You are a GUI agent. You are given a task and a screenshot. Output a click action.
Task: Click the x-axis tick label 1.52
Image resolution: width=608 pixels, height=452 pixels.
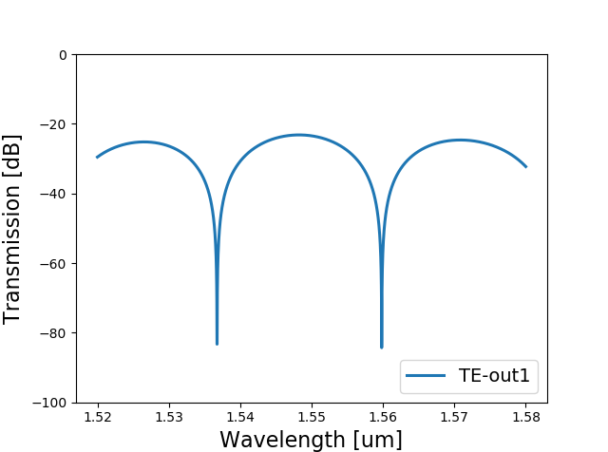(x=97, y=417)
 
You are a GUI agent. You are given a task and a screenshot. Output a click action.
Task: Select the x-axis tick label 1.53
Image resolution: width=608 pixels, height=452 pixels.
(x=168, y=417)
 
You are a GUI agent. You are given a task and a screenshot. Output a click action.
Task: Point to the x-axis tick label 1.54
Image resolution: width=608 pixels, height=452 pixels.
(x=240, y=417)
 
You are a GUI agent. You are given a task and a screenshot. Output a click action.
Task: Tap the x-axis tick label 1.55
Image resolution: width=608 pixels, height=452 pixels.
(x=312, y=417)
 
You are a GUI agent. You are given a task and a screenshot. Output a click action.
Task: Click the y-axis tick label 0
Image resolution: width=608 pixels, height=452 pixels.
(x=63, y=55)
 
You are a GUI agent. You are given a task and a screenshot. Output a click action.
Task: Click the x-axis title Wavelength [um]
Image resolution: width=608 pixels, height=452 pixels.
(x=311, y=439)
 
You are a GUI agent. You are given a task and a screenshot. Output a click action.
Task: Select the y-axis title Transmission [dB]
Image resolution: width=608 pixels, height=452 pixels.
(x=13, y=229)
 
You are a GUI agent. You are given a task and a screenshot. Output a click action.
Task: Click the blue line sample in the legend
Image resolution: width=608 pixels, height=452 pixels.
(x=426, y=378)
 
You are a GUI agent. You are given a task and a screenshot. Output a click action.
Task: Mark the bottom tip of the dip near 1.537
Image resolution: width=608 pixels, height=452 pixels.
(x=217, y=344)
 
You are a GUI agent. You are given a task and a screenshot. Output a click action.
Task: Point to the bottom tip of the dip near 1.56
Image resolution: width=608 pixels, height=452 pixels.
(x=382, y=348)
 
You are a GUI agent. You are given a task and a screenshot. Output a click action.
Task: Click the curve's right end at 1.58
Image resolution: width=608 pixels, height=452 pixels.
(x=525, y=167)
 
